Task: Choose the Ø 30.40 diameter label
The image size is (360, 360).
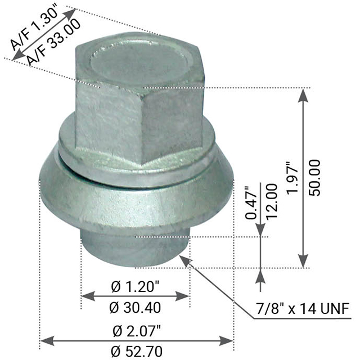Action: tap(135, 308)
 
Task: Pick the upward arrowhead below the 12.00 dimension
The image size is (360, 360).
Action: tap(260, 276)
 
